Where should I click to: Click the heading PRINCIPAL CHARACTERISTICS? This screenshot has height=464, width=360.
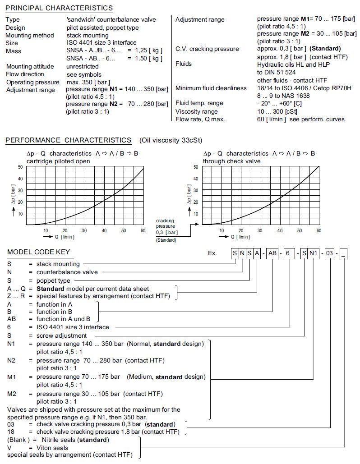[x=59, y=8]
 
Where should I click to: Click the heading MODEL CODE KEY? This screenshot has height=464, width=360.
[x=38, y=252]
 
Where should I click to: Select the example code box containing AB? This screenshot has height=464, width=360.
[x=272, y=253]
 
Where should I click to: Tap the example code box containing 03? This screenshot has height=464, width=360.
[x=330, y=253]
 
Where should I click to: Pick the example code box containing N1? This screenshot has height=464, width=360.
[x=314, y=253]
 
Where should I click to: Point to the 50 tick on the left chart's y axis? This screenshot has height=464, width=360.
[x=20, y=167]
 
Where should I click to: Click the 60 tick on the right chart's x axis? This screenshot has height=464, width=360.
[x=318, y=230]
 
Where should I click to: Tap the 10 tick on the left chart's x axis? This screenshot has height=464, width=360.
[x=46, y=230]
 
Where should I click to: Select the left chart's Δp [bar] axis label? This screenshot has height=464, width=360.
[x=14, y=197]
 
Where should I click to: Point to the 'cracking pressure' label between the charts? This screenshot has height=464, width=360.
[x=165, y=223]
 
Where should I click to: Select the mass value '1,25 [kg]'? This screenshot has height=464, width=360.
[x=145, y=51]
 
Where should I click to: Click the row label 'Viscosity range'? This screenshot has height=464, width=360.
[x=196, y=111]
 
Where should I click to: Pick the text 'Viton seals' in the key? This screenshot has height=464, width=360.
[x=52, y=448]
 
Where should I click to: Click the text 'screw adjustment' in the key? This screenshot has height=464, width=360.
[x=61, y=335]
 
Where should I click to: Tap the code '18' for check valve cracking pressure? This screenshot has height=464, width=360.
[x=11, y=432]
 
